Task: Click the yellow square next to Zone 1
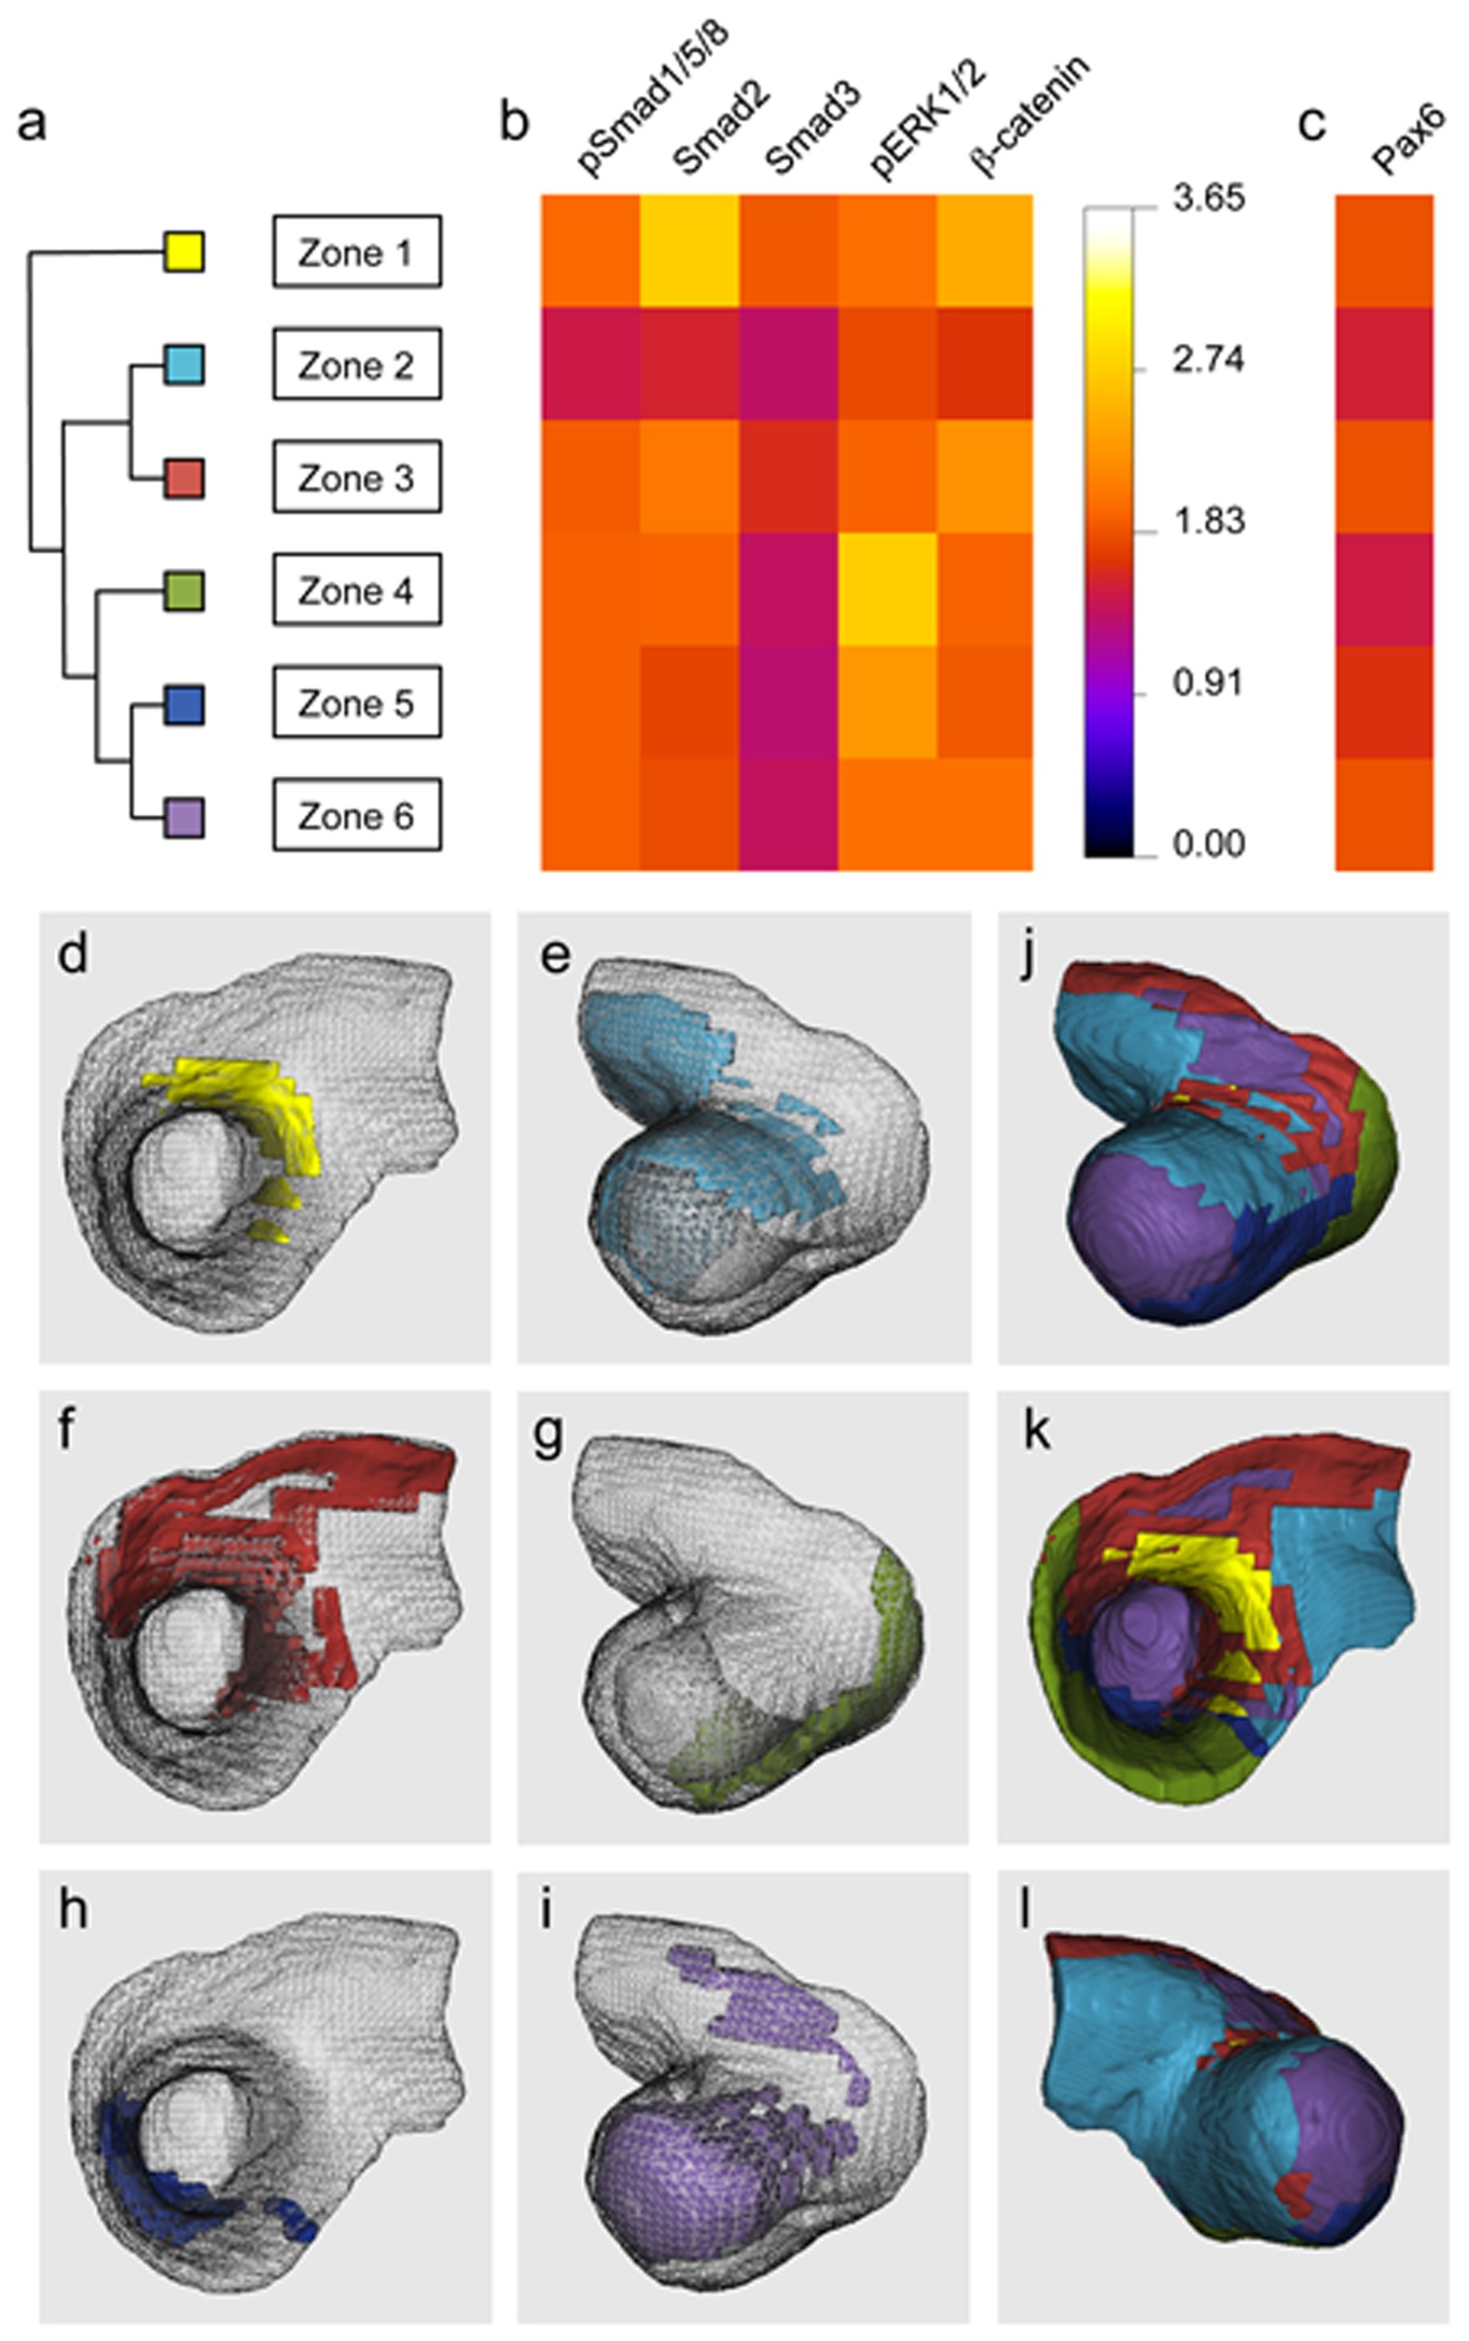coord(183,252)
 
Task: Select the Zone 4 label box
coord(356,589)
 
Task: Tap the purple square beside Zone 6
coord(183,818)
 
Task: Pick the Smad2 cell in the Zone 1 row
coord(689,251)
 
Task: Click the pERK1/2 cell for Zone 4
coord(887,589)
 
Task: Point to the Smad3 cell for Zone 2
coord(788,364)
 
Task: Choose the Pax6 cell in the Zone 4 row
coord(1383,589)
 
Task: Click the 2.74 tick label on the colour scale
coord(1208,360)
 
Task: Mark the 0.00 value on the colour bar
coord(1208,843)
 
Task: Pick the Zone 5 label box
coord(356,702)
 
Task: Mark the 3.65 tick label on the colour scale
coord(1208,200)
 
